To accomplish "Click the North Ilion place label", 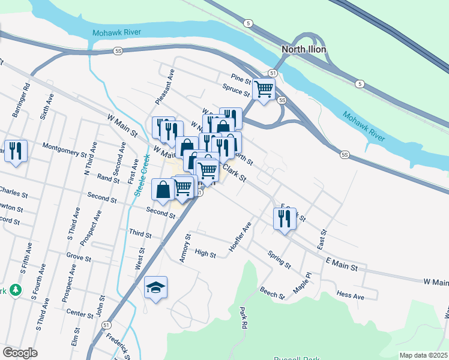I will coord(305,49).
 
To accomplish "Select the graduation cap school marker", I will coord(155,288).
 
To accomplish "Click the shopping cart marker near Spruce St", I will coord(264,89).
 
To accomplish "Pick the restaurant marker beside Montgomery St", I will coord(15,151).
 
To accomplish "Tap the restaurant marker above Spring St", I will coord(285,218).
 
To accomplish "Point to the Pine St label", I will coord(240,78).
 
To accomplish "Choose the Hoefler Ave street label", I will coord(240,237).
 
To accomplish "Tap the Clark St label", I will coord(235,175).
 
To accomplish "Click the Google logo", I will coord(20,353).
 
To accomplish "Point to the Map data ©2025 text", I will coord(423,355).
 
